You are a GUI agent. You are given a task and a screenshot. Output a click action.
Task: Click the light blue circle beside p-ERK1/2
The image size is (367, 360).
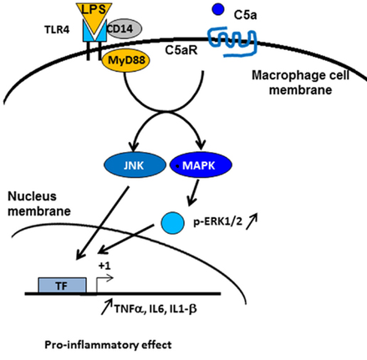(x=172, y=224)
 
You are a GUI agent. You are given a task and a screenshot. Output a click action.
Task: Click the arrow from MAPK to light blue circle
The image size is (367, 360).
(x=194, y=195)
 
